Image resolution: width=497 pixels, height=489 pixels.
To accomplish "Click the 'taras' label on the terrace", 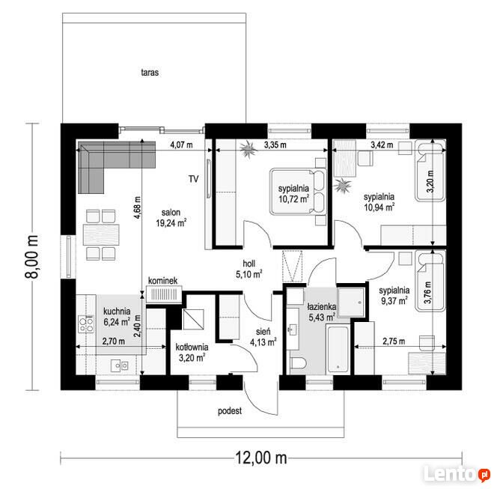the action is pos(150,73).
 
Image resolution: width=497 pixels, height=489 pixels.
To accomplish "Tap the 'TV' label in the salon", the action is pos(194,179).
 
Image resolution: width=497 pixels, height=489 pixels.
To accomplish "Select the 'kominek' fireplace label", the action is pos(163,281).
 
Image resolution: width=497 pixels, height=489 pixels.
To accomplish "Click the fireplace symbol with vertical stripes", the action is pos(164,294).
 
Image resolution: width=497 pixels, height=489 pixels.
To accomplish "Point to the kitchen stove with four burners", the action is pos(86,324).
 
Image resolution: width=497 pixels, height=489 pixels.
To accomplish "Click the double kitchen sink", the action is pos(119,366).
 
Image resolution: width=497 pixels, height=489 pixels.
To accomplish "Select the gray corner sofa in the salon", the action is pos(117,167).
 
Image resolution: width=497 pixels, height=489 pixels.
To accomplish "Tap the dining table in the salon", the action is pos(101,234).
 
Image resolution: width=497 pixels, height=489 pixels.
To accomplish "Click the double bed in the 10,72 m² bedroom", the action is pos(298,192).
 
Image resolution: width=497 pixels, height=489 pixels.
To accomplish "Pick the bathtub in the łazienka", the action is pos(338,349).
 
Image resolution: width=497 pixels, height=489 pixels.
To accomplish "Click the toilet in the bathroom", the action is pos(298,363).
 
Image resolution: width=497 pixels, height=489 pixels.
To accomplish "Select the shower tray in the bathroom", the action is pos(351,303).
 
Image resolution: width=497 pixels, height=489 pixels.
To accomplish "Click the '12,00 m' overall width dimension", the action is pos(261,458).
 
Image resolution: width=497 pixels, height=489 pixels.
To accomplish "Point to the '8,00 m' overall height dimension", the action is pos(32,257).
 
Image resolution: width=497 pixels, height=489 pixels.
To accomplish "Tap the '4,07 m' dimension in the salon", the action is pos(181,145).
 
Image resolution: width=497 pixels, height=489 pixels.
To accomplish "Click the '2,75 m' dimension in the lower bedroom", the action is pos(394,341).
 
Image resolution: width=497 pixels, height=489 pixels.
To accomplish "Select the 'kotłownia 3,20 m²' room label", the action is pos(192,352).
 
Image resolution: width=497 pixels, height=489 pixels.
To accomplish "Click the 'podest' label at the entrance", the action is pos(230,411).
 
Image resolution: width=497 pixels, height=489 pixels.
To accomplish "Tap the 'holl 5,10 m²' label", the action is pos(248,269).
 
